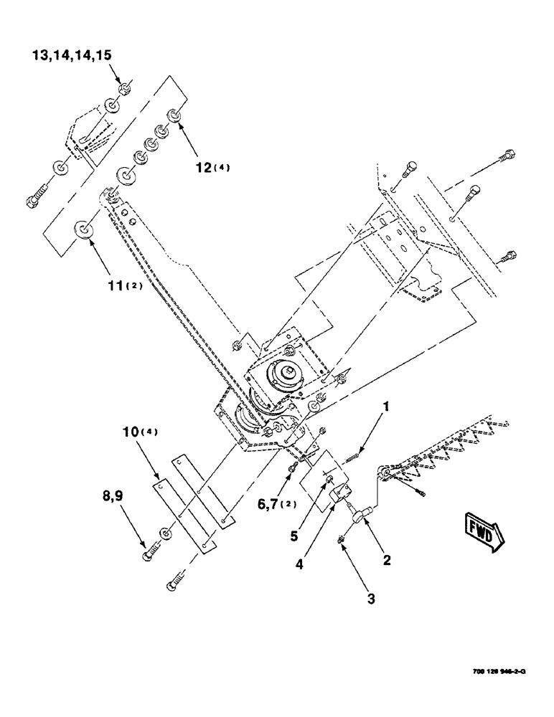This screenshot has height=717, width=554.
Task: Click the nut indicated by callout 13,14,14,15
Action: pyautogui.click(x=123, y=89)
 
